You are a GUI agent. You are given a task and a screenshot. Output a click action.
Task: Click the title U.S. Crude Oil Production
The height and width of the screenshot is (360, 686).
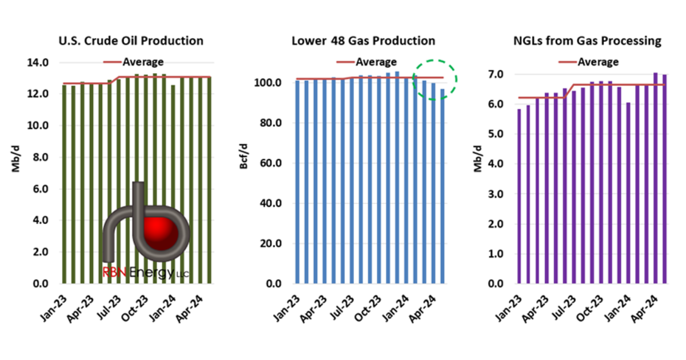(x=131, y=41)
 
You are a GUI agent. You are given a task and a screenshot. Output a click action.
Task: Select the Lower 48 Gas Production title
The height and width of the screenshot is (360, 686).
(x=363, y=41)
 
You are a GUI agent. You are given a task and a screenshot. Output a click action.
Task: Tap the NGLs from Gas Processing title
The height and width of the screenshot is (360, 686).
(x=587, y=41)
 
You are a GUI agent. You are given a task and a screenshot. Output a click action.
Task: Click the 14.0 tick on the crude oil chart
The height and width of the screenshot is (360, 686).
(x=38, y=63)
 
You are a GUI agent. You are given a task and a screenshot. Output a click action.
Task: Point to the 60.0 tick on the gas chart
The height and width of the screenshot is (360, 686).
(x=270, y=163)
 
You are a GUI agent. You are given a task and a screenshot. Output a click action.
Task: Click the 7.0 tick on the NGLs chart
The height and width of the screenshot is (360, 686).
(x=496, y=74)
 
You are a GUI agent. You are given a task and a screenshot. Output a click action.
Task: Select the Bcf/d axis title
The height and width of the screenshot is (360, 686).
(x=244, y=156)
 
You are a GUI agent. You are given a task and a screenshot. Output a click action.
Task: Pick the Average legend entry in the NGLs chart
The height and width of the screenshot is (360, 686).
(x=588, y=62)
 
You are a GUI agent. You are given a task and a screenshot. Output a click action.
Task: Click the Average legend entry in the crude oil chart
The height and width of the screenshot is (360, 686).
(x=133, y=62)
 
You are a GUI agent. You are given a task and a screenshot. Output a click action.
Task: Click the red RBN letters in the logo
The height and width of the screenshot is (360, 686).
(x=114, y=272)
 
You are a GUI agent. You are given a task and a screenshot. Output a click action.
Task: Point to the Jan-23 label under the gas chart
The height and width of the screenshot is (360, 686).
(x=286, y=309)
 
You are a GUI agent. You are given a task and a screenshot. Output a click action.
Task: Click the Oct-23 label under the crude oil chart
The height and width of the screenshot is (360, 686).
(x=135, y=309)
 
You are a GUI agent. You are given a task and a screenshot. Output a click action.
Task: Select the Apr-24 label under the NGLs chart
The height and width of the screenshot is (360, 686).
(x=644, y=309)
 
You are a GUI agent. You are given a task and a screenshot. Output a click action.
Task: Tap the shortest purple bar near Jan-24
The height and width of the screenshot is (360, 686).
(x=628, y=193)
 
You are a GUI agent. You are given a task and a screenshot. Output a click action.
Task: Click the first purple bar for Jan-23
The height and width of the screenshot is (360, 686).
(x=519, y=196)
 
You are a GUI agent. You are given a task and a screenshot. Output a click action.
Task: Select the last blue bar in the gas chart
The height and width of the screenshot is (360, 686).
(x=442, y=186)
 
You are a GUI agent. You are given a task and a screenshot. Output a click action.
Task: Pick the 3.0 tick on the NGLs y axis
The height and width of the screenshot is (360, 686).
(x=496, y=194)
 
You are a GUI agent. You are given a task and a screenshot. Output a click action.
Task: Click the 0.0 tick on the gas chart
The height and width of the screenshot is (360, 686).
(x=273, y=284)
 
